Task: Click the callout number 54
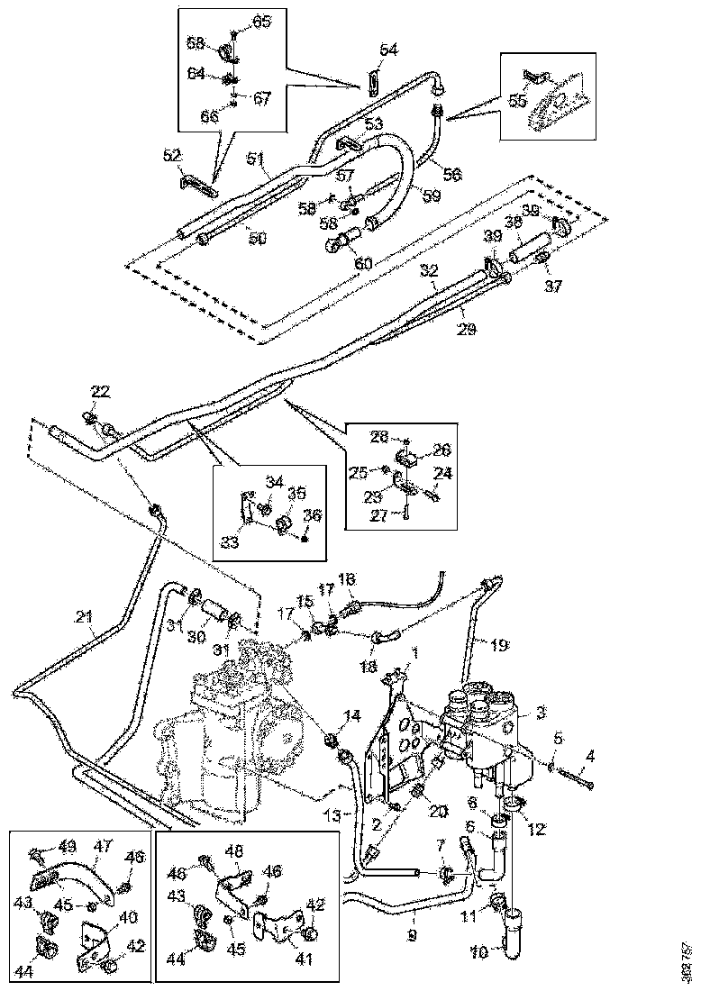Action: coord(387,51)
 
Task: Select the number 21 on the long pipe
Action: coord(84,616)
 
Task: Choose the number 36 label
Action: coord(312,514)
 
